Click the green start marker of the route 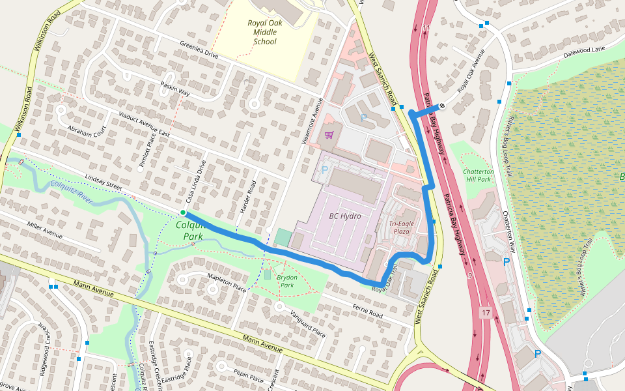(184, 213)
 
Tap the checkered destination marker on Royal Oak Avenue (442, 106)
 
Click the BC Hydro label (344, 216)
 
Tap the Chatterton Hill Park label (479, 175)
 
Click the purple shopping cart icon (329, 135)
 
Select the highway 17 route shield (486, 313)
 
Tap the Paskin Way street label (174, 90)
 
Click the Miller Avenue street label (44, 229)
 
